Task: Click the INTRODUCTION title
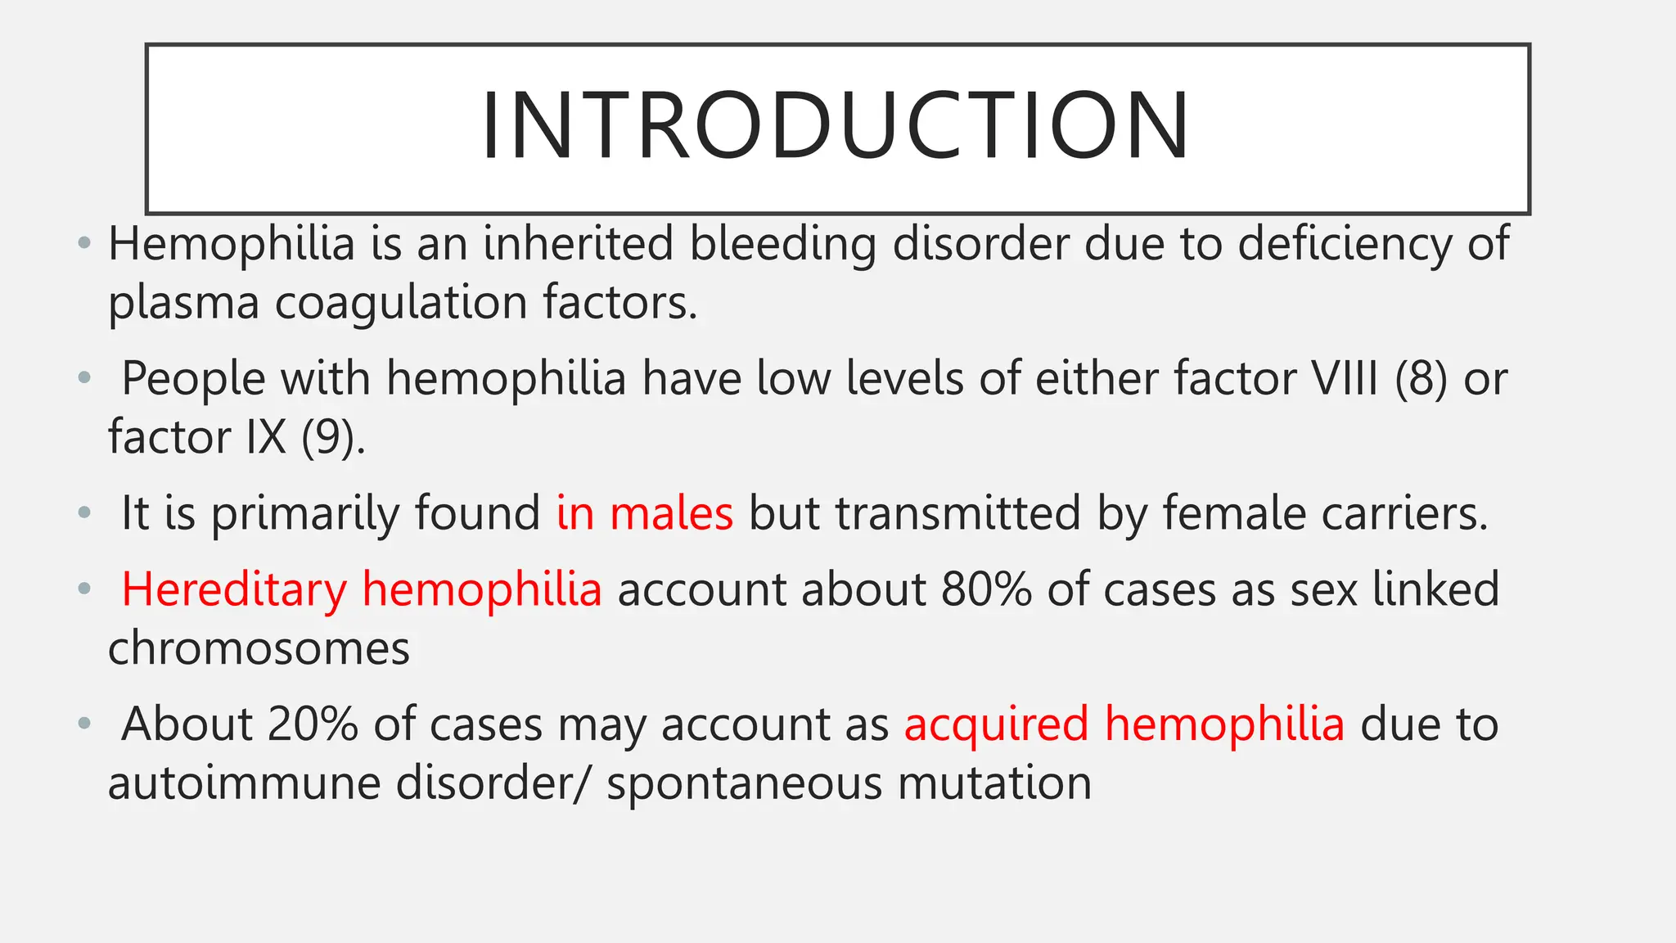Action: tap(836, 126)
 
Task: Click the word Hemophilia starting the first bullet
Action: tap(232, 244)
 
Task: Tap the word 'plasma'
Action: tap(183, 304)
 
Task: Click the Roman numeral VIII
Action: tap(1345, 379)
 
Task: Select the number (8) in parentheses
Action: tap(1421, 379)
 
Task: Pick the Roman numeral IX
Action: tap(266, 437)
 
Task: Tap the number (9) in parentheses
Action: tap(332, 437)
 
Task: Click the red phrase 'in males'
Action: tap(645, 513)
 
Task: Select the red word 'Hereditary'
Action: tap(234, 589)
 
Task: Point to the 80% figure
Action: tap(986, 589)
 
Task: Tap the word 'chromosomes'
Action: tap(259, 648)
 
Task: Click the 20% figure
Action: tap(313, 724)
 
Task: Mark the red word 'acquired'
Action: tap(996, 724)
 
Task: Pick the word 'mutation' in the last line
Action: tap(994, 783)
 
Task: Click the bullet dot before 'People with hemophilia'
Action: tap(83, 378)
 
